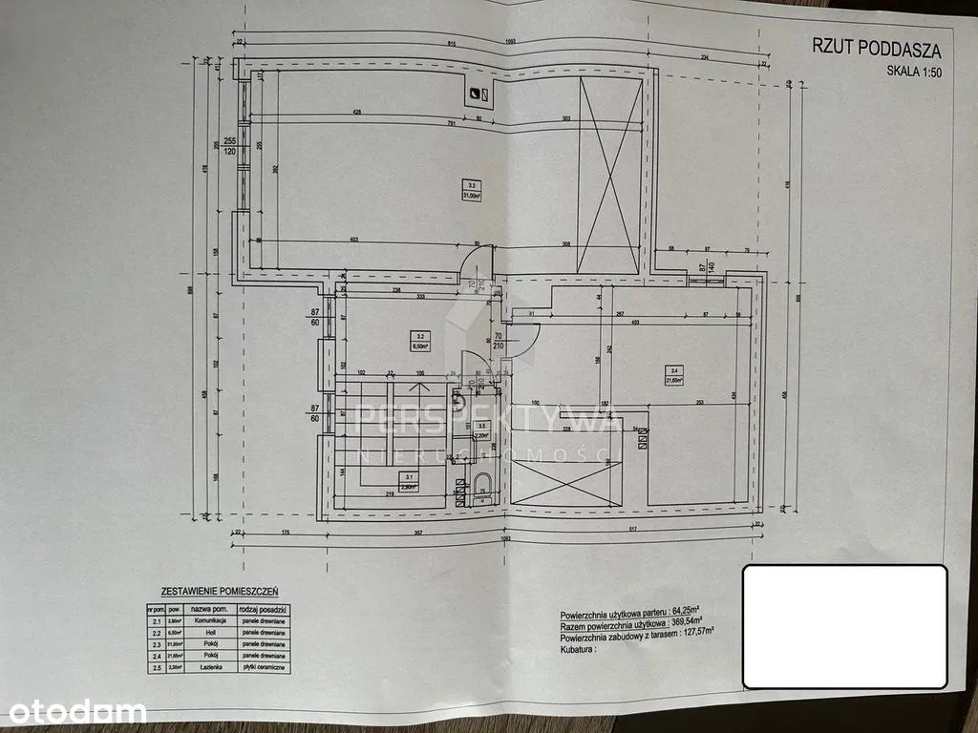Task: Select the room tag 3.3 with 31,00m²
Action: point(469,190)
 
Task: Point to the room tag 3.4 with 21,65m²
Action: point(674,375)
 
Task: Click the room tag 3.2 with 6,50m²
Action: point(420,340)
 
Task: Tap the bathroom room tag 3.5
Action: point(483,430)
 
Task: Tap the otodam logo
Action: point(73,711)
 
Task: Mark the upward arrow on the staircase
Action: point(417,388)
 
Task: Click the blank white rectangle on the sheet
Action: point(844,625)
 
